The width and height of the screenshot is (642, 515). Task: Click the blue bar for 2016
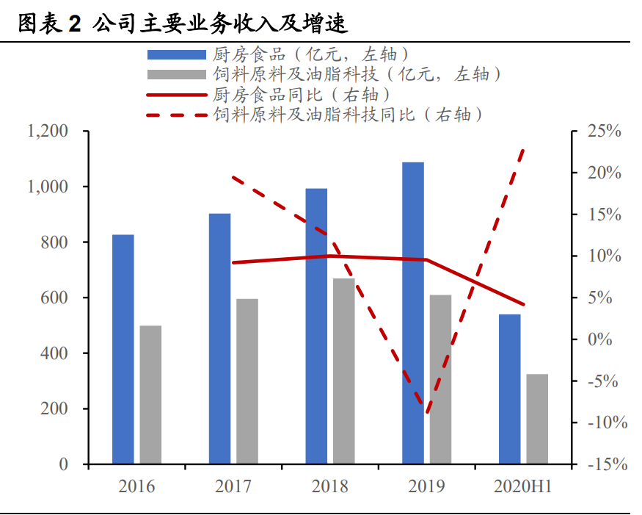pyautogui.click(x=123, y=349)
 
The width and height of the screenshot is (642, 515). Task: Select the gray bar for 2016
pyautogui.click(x=150, y=395)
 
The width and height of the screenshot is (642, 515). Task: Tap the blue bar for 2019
pyautogui.click(x=413, y=313)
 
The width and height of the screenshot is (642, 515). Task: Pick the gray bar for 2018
pyautogui.click(x=344, y=371)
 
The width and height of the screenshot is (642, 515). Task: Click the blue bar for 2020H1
pyautogui.click(x=509, y=389)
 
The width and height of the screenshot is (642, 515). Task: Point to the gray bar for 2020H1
pyautogui.click(x=537, y=419)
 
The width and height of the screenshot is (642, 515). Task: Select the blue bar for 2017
pyautogui.click(x=220, y=339)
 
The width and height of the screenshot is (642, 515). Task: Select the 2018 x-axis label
pyautogui.click(x=330, y=486)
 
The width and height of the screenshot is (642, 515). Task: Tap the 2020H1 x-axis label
pyautogui.click(x=523, y=486)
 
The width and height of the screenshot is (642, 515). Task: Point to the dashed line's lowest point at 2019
pyautogui.click(x=427, y=412)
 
